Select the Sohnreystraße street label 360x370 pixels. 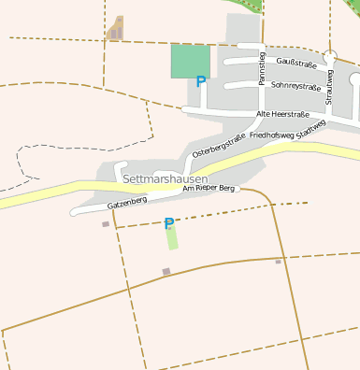[295, 84]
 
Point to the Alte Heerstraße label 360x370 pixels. [282, 114]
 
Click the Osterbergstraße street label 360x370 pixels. [219, 145]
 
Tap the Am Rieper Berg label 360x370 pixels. [209, 188]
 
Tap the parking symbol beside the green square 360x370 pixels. [200, 82]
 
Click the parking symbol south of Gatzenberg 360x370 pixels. [169, 223]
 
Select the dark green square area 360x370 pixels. [190, 61]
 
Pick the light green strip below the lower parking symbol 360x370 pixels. [172, 238]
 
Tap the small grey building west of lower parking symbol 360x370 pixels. [106, 224]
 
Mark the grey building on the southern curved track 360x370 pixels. [166, 272]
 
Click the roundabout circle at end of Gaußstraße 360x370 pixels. [329, 57]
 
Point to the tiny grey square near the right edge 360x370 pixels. [278, 262]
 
